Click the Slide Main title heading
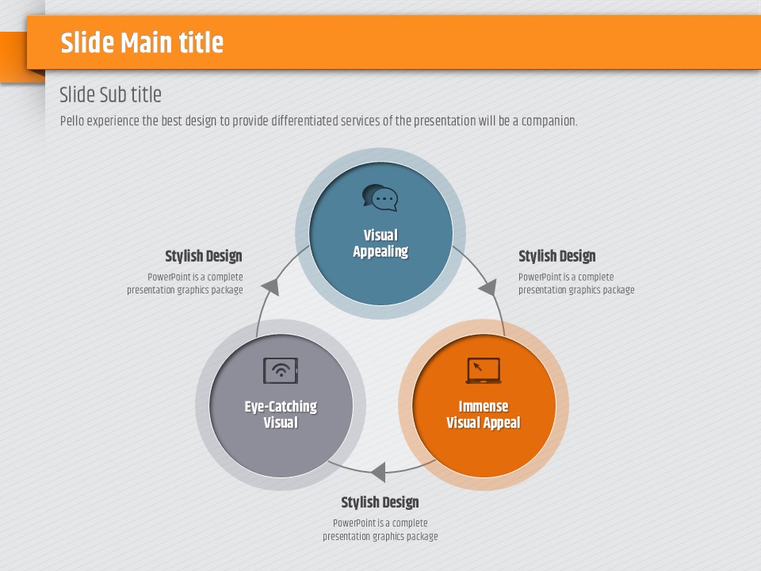click(x=142, y=43)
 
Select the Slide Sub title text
click(x=110, y=94)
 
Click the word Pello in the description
click(x=72, y=121)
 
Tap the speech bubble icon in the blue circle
click(x=380, y=197)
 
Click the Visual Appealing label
click(x=380, y=243)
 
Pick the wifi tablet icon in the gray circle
click(x=281, y=370)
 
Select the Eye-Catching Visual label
click(x=281, y=414)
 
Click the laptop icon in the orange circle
click(x=484, y=370)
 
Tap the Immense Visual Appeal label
click(x=484, y=414)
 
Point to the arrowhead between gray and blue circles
click(x=271, y=287)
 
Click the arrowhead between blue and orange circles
click(x=488, y=287)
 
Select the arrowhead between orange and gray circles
click(x=379, y=472)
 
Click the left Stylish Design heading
click(x=204, y=256)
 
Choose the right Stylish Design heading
click(x=556, y=256)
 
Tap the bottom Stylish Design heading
click(x=380, y=503)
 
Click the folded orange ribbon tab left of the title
click(x=13, y=57)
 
